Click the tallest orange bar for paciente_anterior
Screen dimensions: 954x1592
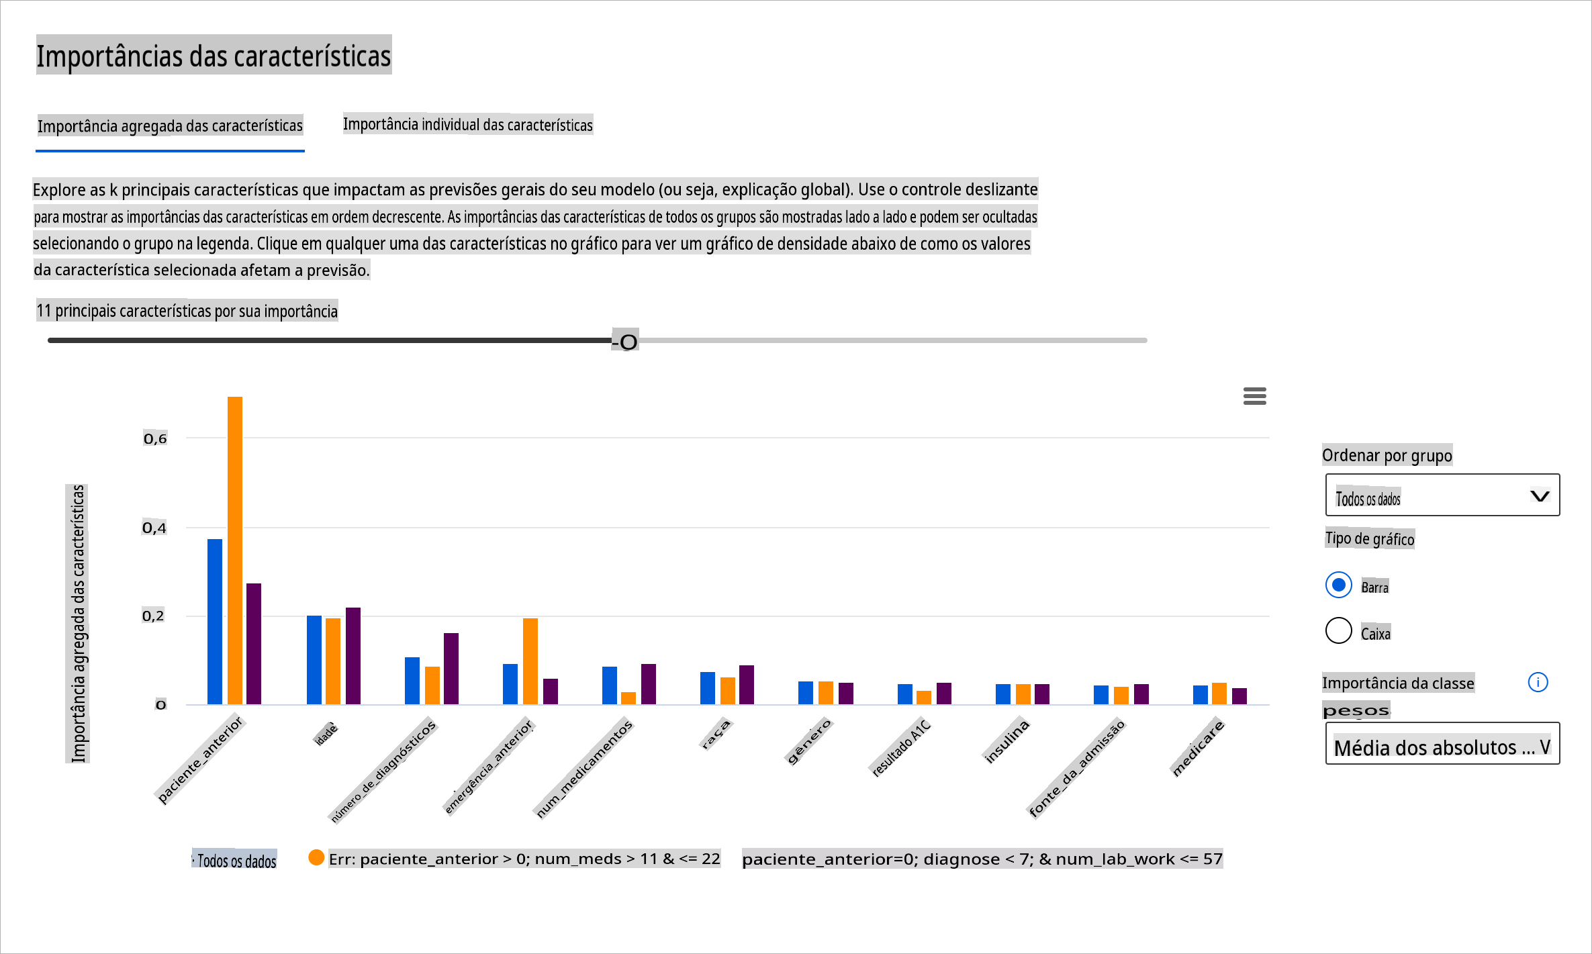(x=235, y=550)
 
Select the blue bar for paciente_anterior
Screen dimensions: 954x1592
(x=215, y=621)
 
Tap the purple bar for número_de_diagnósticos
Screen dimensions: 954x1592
(x=451, y=668)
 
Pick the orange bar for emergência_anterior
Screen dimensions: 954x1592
(x=530, y=661)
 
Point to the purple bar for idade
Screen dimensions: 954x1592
(x=353, y=655)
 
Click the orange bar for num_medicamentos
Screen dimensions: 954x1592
(x=628, y=698)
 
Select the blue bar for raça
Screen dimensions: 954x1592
(x=708, y=687)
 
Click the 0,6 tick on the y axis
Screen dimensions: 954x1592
(x=155, y=438)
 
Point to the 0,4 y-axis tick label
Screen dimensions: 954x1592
(x=154, y=528)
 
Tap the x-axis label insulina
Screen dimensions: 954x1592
(x=1006, y=741)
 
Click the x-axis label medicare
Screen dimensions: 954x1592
(x=1199, y=747)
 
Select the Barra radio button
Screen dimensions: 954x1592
(x=1338, y=585)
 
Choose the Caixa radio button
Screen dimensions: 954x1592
(x=1338, y=630)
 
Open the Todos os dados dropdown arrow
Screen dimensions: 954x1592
(x=1540, y=496)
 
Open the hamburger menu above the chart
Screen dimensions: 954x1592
(x=1254, y=396)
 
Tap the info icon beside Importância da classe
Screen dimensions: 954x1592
(x=1538, y=682)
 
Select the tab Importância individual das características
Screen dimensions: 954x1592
(x=467, y=124)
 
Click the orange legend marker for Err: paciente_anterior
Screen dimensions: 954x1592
(x=316, y=857)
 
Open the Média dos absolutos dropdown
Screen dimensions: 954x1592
(x=1442, y=744)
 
